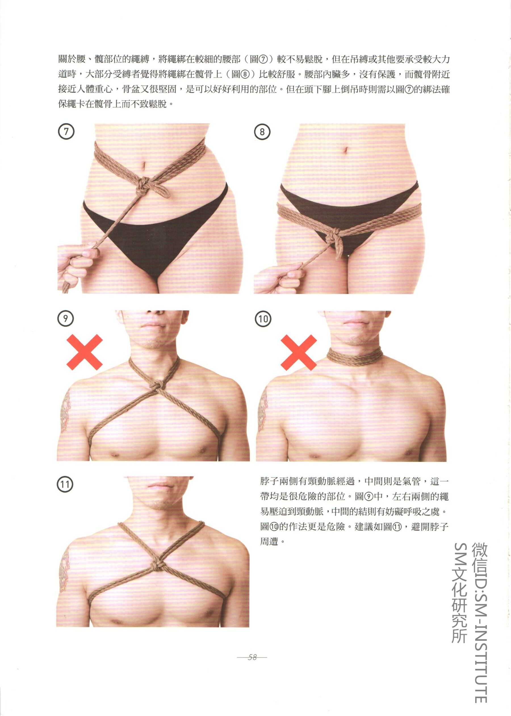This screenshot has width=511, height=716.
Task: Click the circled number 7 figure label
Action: pyautogui.click(x=66, y=131)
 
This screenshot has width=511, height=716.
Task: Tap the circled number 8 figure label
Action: pyautogui.click(x=262, y=132)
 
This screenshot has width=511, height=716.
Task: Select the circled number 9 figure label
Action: pyautogui.click(x=66, y=318)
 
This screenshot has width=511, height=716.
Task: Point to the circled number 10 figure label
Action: pyautogui.click(x=263, y=319)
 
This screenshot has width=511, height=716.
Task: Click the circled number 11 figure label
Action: pyautogui.click(x=65, y=484)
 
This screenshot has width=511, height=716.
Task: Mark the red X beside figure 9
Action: pyautogui.click(x=85, y=352)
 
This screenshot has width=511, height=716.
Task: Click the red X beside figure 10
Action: pyautogui.click(x=299, y=352)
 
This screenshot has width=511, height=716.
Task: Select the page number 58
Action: pyautogui.click(x=252, y=657)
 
